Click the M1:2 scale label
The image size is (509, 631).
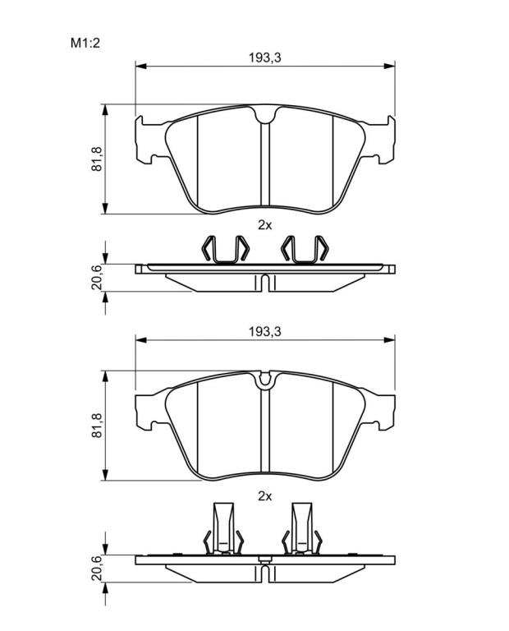tap(85, 43)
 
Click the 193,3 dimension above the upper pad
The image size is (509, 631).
tap(265, 58)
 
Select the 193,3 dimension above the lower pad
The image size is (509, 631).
tap(265, 332)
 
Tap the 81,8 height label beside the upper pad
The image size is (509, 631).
tap(97, 159)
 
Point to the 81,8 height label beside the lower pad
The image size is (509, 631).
tap(97, 426)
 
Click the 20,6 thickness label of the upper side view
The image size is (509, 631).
tap(97, 277)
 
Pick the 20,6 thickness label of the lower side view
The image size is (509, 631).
tap(97, 568)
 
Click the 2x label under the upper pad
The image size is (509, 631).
tap(265, 225)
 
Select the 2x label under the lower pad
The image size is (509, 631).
tap(265, 496)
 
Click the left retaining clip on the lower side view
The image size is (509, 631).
tap(223, 528)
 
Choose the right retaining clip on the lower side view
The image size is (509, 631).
tap(302, 528)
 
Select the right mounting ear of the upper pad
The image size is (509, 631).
tap(379, 140)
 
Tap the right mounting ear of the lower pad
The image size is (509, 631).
tap(379, 411)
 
